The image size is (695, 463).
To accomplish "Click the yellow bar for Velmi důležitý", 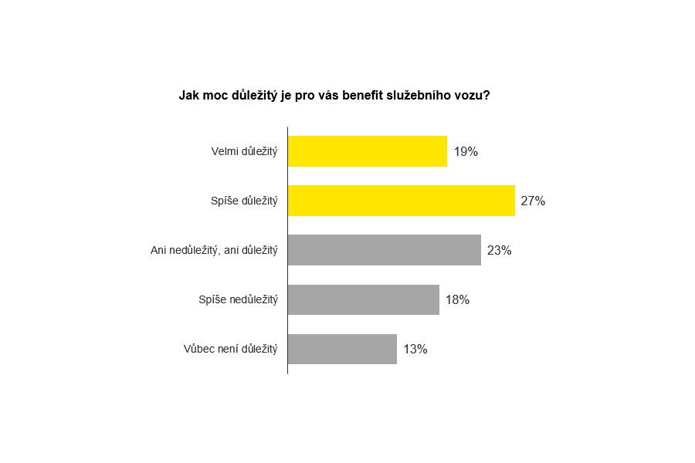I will pos(368,151).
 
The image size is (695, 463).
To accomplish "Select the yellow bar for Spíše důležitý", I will pos(402,201).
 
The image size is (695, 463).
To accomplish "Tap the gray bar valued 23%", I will pos(385,250).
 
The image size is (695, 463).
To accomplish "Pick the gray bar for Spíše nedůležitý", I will pos(364,299).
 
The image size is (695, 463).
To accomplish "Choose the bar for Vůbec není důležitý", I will pos(342,349).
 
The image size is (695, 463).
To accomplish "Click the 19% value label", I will pos(466,152).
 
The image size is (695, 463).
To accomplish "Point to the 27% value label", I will pos(533,201).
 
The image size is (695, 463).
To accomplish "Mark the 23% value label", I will pos(499,251).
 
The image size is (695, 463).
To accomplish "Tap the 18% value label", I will pos(457,300).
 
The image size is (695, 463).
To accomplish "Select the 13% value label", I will pos(415,350).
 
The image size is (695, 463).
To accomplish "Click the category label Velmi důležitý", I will pos(244,152).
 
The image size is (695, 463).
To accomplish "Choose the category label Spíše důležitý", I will pos(244,201).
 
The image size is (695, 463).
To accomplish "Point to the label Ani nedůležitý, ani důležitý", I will pos(214,251).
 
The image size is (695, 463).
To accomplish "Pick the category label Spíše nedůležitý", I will pos(238,300).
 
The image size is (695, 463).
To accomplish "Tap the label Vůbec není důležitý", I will pos(231,350).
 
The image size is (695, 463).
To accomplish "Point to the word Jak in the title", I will pos(189,96).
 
